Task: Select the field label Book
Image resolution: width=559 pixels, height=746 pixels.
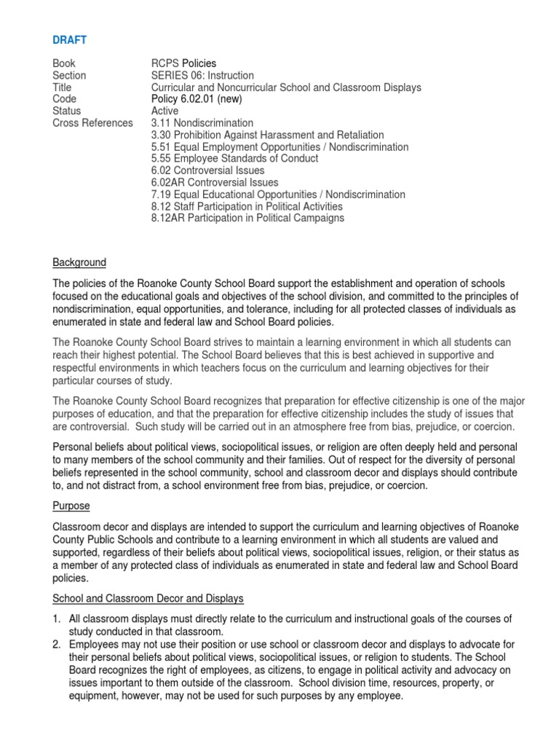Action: tap(63, 63)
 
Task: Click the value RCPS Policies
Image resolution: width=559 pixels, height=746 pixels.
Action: tap(183, 63)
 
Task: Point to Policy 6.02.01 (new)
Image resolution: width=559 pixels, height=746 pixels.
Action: tap(197, 99)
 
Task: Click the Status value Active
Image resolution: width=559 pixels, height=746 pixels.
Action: tap(164, 111)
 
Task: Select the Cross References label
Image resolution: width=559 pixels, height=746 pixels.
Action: tap(92, 123)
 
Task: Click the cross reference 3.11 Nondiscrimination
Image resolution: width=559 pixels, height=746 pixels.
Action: tap(202, 123)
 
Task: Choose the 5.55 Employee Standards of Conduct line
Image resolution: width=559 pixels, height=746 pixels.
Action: tap(234, 159)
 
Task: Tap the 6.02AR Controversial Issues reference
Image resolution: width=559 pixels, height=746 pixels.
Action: tap(215, 183)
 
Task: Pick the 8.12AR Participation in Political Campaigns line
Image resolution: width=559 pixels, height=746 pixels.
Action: tap(247, 219)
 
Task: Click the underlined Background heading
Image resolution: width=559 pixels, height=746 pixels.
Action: tap(79, 262)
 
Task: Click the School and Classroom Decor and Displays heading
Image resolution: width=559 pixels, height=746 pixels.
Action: tap(148, 598)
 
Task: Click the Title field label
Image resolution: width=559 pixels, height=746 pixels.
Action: tap(63, 87)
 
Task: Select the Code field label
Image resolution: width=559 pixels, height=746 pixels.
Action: tap(64, 99)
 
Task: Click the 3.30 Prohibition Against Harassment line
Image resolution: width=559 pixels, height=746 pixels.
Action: tap(267, 136)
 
